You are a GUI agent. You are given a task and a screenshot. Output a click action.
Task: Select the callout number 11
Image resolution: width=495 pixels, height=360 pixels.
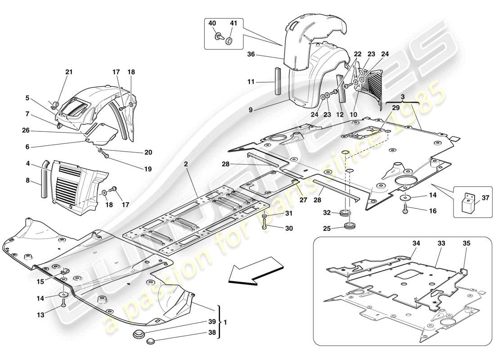(x=264, y=82)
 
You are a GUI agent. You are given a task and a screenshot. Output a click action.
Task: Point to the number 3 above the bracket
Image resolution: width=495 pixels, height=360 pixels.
(x=403, y=97)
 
